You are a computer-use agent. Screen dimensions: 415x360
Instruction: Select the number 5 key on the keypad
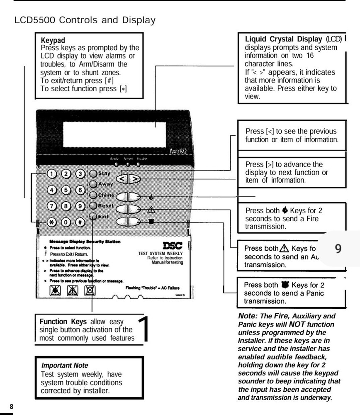pos(67,190)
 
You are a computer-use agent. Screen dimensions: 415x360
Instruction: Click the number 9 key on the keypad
pos(81,206)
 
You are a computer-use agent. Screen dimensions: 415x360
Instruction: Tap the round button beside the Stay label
pos(93,174)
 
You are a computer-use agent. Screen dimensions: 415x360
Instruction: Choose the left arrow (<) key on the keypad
pos(121,179)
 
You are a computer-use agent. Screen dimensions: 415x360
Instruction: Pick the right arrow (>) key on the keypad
pos(134,179)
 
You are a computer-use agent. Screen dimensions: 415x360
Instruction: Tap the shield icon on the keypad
pos(151,222)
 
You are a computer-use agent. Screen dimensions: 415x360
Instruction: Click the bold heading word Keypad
pos(53,41)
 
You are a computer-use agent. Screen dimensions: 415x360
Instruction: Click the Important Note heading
pos(65,365)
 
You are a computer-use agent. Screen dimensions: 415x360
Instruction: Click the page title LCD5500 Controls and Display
pos(85,20)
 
